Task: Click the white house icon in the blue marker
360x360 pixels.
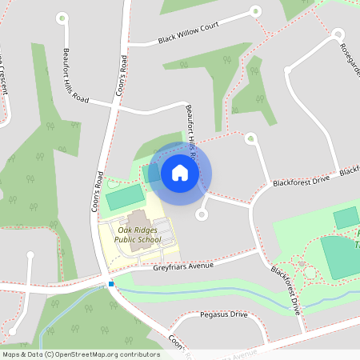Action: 180,173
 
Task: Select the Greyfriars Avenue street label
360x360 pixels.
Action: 183,266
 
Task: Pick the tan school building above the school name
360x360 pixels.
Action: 138,217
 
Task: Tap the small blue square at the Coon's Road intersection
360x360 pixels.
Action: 110,284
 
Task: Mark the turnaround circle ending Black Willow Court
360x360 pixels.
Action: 256,11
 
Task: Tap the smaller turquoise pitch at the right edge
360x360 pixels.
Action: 346,217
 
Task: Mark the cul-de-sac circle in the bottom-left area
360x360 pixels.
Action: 30,257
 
